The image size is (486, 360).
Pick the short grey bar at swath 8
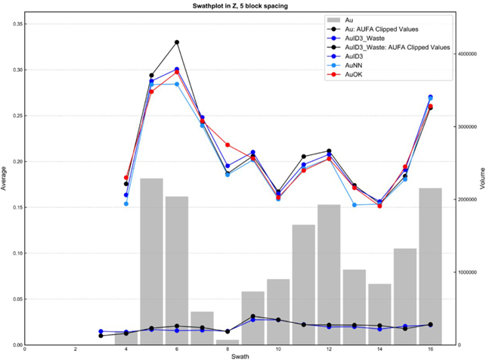(x=228, y=342)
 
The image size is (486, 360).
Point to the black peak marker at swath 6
(x=177, y=42)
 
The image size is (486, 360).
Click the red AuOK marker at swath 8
(x=228, y=145)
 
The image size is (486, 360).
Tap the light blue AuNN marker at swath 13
(x=354, y=205)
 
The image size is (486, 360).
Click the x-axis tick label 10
(x=278, y=349)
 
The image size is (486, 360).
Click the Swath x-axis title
(x=240, y=356)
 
